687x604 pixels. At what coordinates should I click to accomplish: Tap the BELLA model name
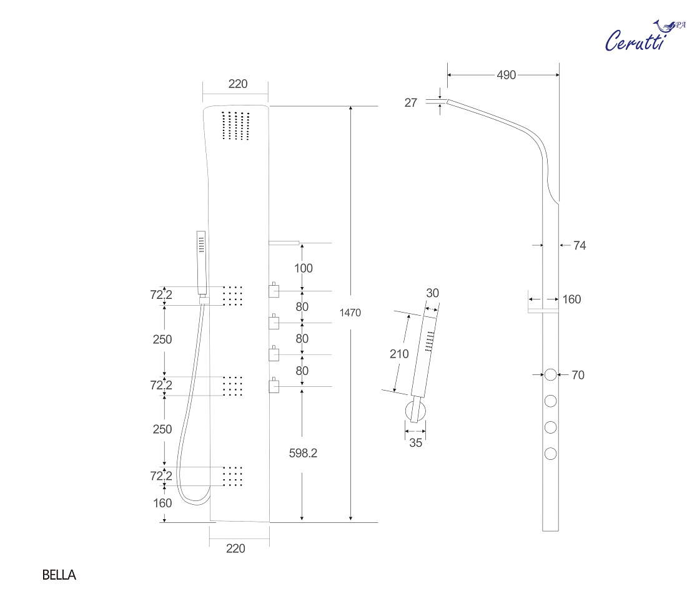point(59,575)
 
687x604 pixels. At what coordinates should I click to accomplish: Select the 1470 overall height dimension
point(350,313)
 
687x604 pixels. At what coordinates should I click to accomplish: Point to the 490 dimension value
point(506,75)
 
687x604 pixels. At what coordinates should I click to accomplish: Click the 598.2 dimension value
point(303,453)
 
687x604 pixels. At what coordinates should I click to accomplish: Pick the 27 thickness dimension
point(410,102)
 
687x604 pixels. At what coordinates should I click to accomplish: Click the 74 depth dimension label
point(579,245)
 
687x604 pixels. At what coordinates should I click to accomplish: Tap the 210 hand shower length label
point(399,354)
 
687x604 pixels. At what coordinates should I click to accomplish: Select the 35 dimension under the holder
point(415,442)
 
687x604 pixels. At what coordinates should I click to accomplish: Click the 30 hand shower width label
point(432,293)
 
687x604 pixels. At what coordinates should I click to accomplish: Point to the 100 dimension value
point(303,268)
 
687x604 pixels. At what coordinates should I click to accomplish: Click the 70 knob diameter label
point(578,374)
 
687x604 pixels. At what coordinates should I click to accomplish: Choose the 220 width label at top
point(238,84)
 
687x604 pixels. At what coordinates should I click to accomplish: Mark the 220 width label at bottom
point(235,548)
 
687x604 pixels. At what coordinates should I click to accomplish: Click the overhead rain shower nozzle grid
point(235,125)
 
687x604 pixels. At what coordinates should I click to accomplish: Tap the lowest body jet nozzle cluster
point(232,476)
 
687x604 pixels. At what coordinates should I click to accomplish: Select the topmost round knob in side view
point(550,374)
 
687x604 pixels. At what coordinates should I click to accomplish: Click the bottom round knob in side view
point(550,454)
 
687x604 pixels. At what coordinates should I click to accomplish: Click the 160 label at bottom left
point(162,503)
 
